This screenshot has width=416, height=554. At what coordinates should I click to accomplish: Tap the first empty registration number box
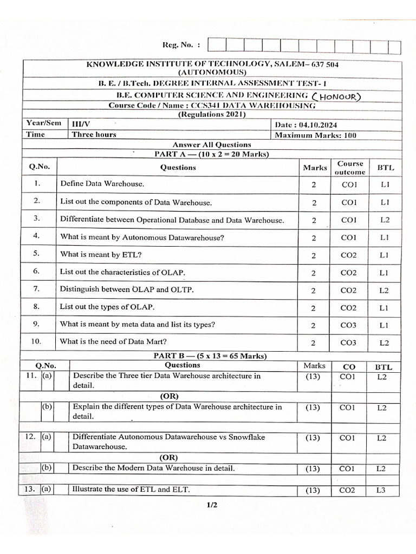point(217,47)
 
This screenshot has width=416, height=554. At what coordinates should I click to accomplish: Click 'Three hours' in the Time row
point(94,135)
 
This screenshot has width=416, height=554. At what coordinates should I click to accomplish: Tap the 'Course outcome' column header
point(349,168)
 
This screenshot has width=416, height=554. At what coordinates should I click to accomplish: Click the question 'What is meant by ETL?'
point(101,254)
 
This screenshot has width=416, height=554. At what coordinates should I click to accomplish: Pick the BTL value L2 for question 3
point(384,220)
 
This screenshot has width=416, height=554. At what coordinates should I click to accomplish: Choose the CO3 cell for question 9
point(348,325)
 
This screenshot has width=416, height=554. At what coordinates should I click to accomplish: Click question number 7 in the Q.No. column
point(37,289)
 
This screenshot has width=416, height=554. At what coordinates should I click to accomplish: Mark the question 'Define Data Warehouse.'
point(102,184)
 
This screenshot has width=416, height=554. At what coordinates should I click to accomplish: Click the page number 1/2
point(211,506)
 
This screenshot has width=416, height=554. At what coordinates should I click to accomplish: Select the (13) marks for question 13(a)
point(313,490)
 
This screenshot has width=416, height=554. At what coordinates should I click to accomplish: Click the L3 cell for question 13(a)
point(381,490)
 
